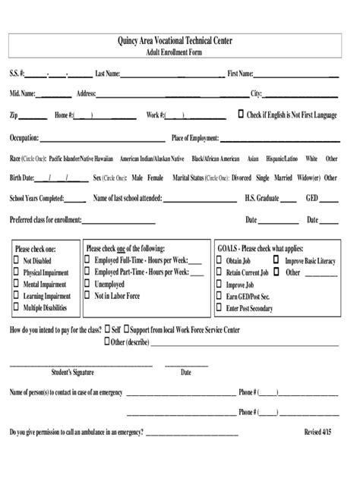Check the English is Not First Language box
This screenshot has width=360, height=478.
[x=242, y=115]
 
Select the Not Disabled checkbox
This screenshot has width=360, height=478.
[x=17, y=260]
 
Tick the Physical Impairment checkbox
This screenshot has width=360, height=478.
[x=17, y=272]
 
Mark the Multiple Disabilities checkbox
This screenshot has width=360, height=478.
[x=17, y=309]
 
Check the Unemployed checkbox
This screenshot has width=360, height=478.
[x=89, y=284]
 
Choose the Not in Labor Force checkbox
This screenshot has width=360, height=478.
[x=89, y=296]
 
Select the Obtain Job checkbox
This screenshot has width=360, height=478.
[x=219, y=260]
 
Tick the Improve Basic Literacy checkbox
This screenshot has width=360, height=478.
[x=278, y=260]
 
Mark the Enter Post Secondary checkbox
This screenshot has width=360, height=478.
[x=219, y=309]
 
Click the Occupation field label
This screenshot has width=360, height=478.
[x=24, y=138]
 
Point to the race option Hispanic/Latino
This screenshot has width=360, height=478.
[x=280, y=159]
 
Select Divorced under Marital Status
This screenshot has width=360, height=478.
[x=242, y=178]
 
